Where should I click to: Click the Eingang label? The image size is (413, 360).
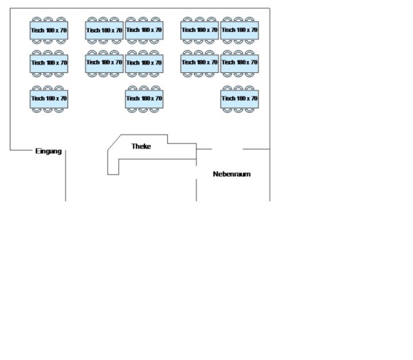tap(48, 151)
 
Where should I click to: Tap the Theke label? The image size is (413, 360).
tap(141, 146)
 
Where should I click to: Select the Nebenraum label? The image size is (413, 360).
tap(232, 174)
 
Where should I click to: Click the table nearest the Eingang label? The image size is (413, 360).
tap(49, 99)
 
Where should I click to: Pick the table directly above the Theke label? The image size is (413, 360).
tap(144, 99)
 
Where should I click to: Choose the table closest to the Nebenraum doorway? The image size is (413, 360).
tap(240, 99)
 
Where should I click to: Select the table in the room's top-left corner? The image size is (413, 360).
tap(49, 30)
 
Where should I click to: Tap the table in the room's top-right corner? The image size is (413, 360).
tap(240, 30)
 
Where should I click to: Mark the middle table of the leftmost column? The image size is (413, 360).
tap(49, 62)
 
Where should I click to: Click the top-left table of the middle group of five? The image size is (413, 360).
tap(104, 30)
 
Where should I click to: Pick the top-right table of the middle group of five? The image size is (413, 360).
tap(144, 30)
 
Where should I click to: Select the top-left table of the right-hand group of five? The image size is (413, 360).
tap(200, 30)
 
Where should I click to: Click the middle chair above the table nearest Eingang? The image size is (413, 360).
tap(49, 88)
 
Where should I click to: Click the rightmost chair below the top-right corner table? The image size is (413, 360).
tap(250, 41)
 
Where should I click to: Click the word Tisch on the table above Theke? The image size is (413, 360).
tap(133, 99)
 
